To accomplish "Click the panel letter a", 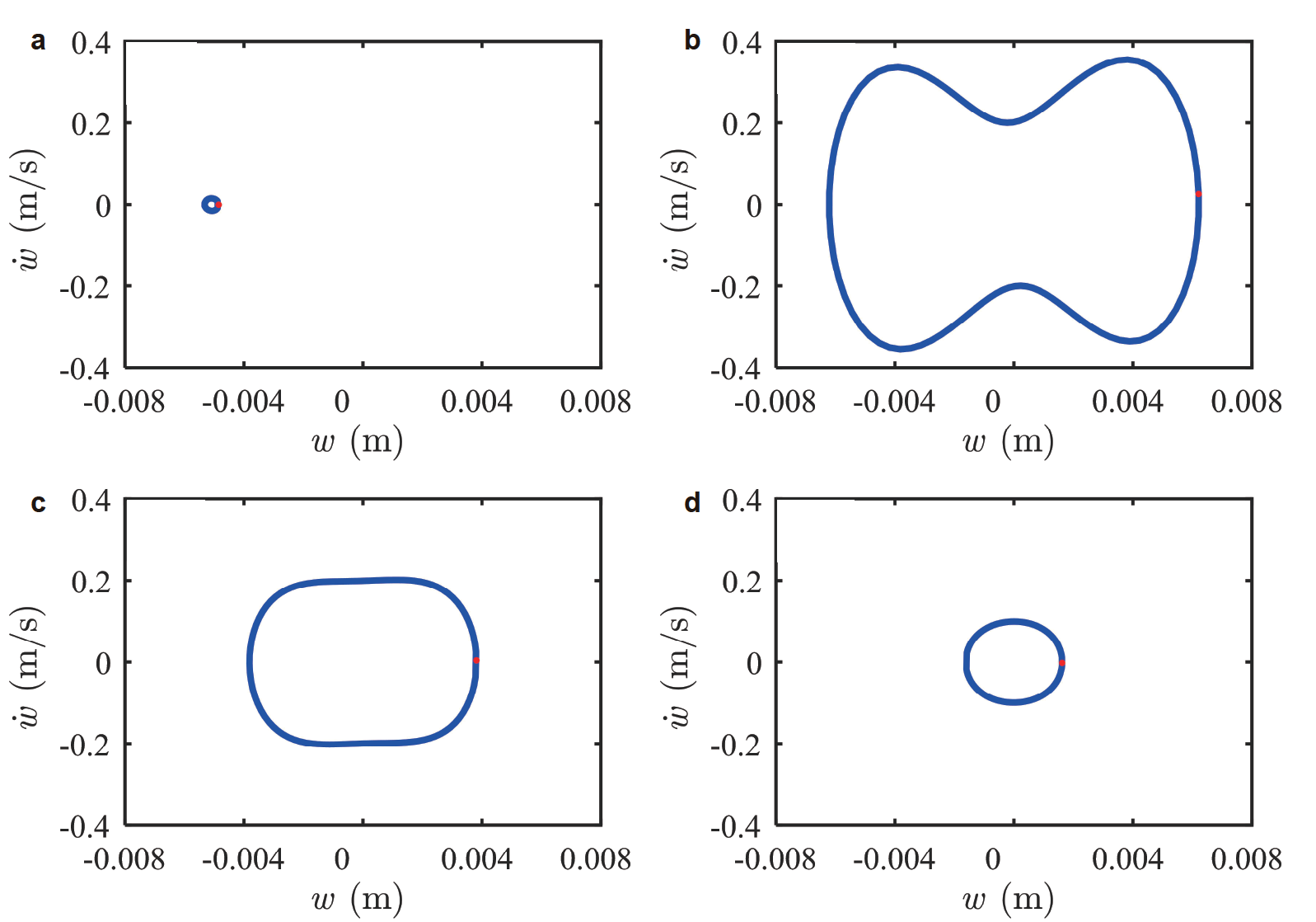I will (38, 41).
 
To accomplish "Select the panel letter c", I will (38, 503).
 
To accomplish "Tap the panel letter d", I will (692, 502).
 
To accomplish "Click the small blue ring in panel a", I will (211, 205).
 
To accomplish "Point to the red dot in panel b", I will (1198, 195).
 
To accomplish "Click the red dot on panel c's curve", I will (476, 660).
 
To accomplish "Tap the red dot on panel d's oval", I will (1061, 662).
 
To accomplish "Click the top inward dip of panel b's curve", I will (1008, 122).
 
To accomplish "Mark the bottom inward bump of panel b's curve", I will (1020, 286).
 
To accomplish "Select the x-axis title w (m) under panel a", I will (358, 442).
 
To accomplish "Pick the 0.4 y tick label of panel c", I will (91, 500).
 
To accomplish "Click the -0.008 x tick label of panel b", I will (775, 402).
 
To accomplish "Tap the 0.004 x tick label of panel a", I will (476, 402).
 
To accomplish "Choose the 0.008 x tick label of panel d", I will (1246, 859).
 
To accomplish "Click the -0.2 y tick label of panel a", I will (84, 287).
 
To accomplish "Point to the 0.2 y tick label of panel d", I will (742, 581).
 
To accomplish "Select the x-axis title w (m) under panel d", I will (1009, 900).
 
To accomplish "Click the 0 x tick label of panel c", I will (342, 859).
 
